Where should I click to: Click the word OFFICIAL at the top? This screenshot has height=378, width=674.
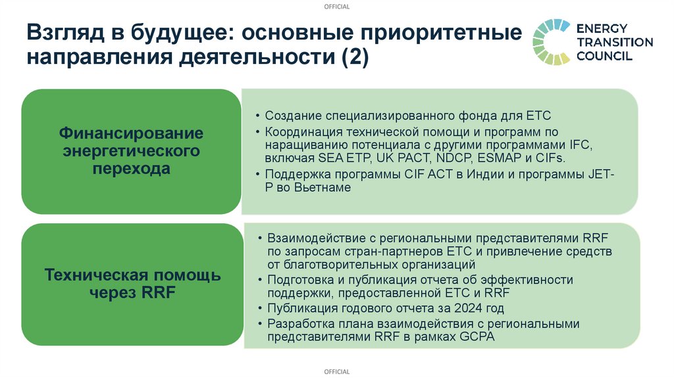coord(337,7)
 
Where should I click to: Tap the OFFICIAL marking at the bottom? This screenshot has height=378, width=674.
coord(337,372)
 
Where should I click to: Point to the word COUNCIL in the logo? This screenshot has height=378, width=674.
coord(604,56)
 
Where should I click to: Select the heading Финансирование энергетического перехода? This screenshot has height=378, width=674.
coord(132,151)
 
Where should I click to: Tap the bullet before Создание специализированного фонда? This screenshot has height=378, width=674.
coord(257,115)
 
